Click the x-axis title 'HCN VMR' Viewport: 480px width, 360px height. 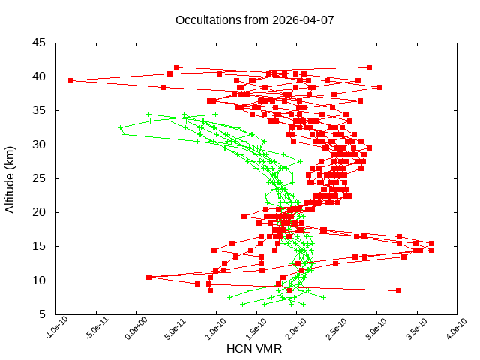point(254,349)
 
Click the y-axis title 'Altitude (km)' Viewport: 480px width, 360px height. point(10,178)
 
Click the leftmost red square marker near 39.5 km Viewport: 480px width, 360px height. point(70,80)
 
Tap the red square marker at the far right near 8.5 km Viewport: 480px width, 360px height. point(398,290)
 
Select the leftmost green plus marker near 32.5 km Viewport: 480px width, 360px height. point(121,128)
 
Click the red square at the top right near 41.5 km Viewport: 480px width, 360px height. point(370,67)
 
